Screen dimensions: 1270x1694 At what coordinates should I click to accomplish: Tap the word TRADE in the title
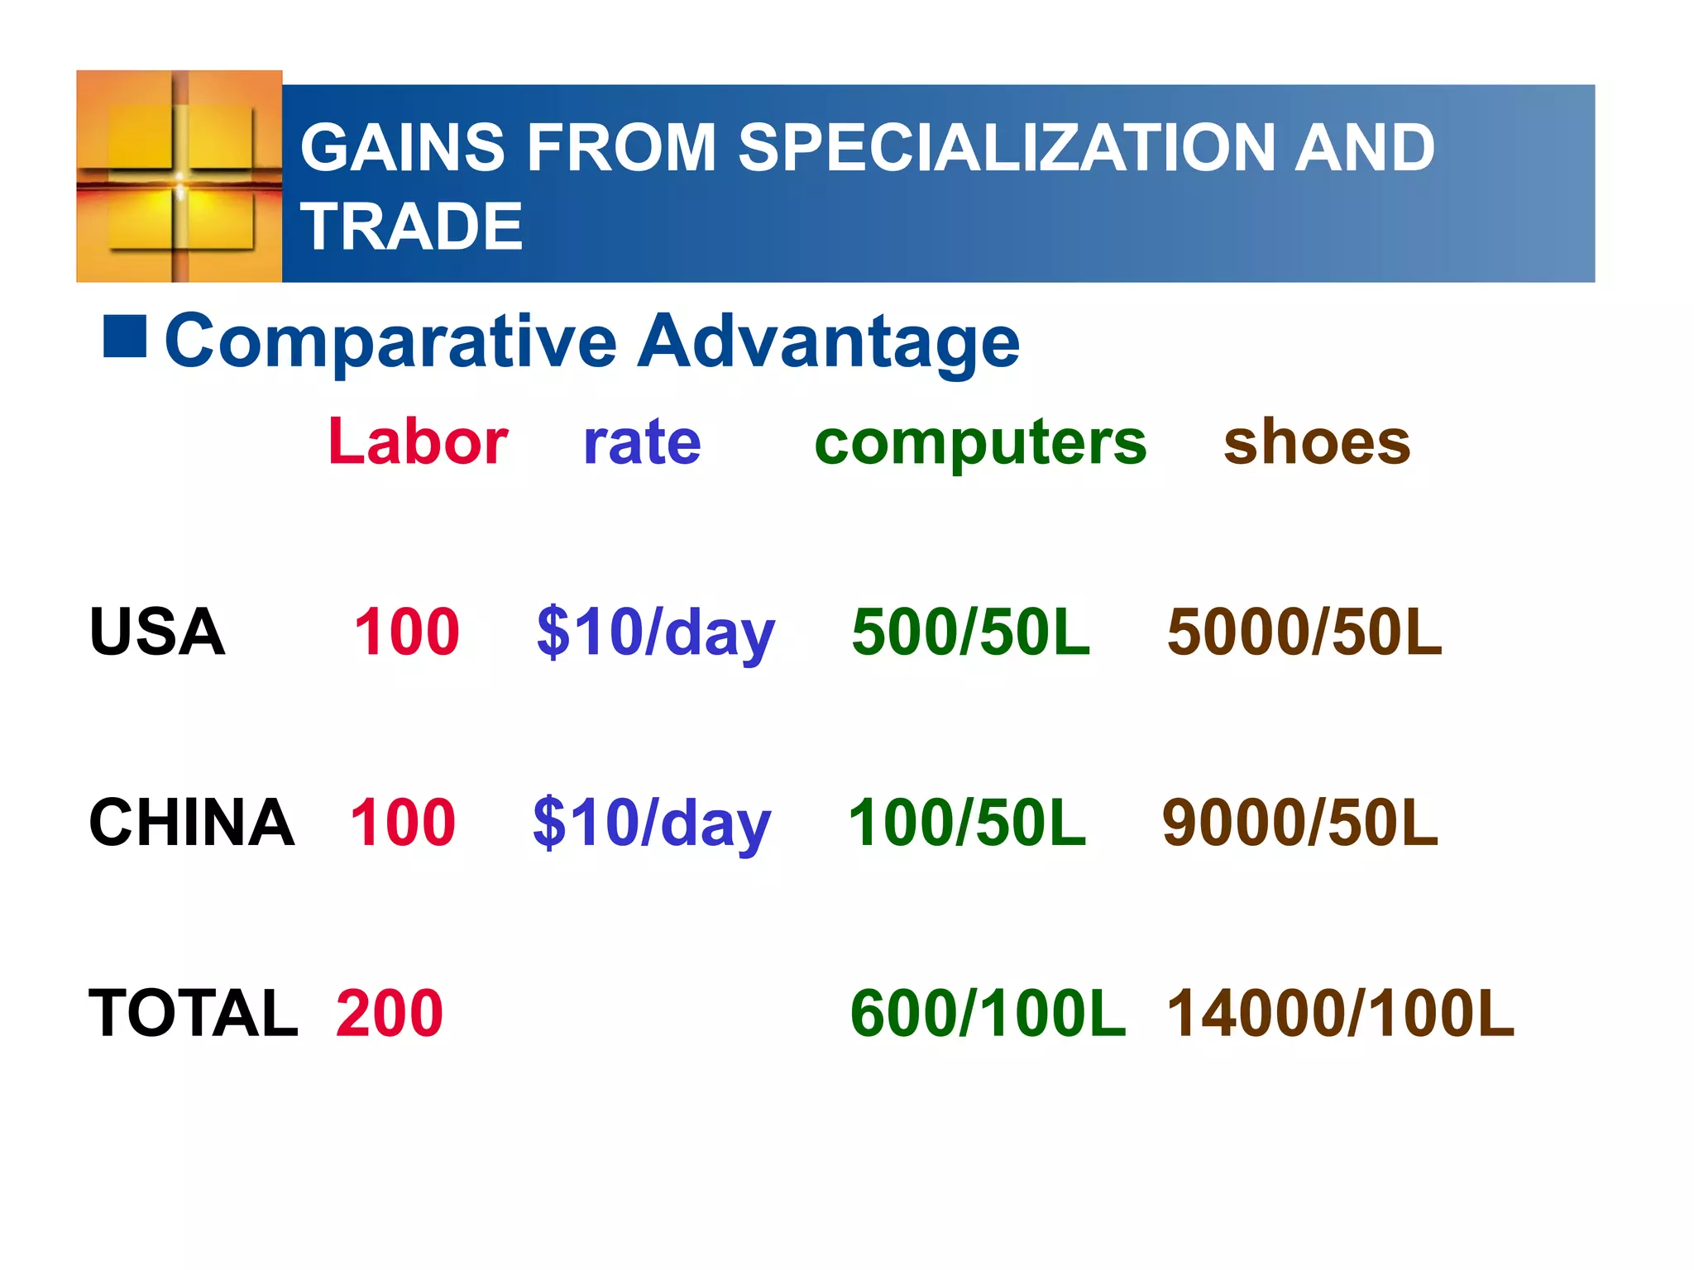click(411, 227)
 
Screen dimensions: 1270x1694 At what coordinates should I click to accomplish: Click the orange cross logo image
click(179, 176)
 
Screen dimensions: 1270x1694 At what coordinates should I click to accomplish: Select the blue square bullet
click(125, 337)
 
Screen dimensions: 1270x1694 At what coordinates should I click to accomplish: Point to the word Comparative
click(390, 341)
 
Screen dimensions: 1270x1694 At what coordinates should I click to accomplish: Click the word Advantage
click(829, 341)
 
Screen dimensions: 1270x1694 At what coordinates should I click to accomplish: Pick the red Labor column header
click(418, 442)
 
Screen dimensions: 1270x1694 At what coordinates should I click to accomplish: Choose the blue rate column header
click(642, 442)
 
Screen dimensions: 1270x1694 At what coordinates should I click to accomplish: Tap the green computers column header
click(980, 443)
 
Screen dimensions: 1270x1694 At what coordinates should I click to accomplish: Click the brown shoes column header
click(1317, 442)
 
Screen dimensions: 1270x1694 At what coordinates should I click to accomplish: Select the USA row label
click(157, 632)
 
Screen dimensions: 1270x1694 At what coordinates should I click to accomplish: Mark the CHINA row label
click(191, 823)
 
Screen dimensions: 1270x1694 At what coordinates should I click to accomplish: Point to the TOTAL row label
click(193, 1013)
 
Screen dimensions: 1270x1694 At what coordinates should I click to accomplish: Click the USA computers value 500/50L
click(971, 632)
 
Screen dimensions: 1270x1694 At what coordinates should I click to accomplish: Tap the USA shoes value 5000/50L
click(1304, 632)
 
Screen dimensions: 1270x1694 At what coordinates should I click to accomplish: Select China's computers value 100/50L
click(967, 823)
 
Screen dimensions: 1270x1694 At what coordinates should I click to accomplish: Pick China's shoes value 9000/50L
click(1300, 823)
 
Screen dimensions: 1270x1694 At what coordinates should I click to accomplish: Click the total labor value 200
click(390, 1013)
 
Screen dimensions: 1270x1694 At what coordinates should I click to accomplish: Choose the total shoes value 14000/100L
click(1340, 1013)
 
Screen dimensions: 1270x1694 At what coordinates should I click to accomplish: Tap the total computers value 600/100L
click(988, 1013)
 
